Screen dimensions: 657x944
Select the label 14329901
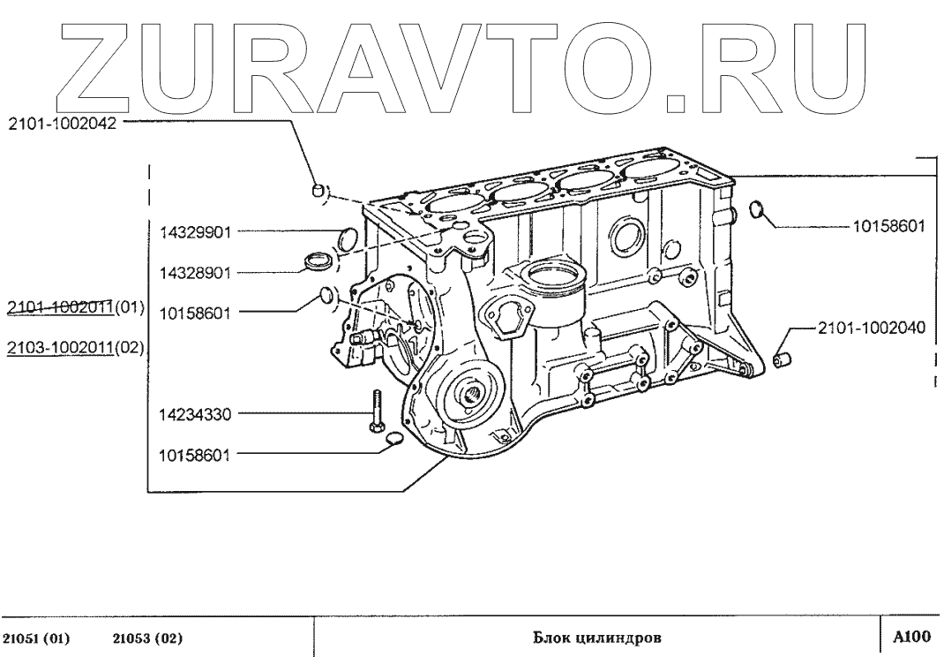194,233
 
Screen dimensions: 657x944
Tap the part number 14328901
194,273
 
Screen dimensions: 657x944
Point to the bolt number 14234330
194,412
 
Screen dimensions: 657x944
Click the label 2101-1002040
871,328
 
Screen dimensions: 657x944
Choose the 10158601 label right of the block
888,225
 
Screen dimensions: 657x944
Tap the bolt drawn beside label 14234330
374,414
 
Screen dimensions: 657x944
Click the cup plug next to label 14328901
317,261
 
